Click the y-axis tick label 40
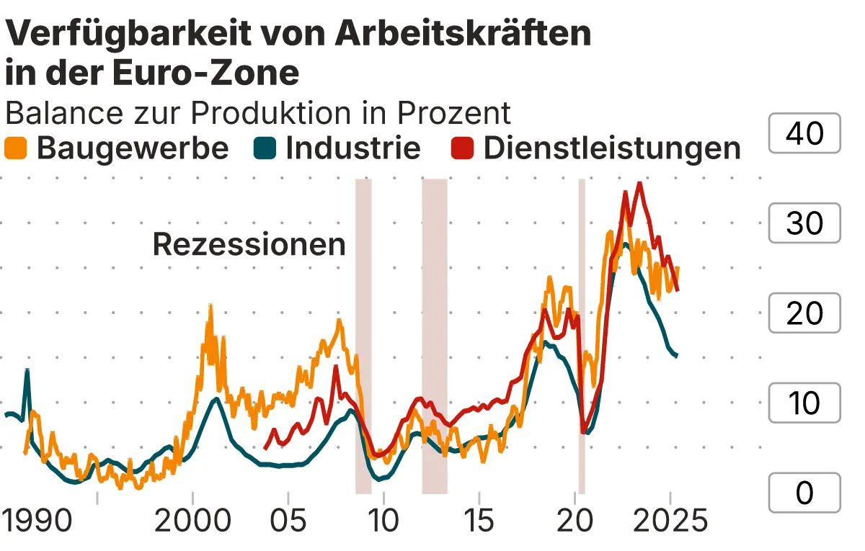click(x=804, y=133)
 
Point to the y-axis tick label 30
click(x=804, y=223)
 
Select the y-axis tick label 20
click(x=804, y=313)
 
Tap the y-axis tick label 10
click(x=804, y=403)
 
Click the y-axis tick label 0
click(x=804, y=493)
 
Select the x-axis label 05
click(x=288, y=520)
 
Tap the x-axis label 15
click(x=479, y=520)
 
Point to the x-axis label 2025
click(x=670, y=520)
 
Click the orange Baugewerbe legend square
click(x=16, y=148)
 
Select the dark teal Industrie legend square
click(x=265, y=148)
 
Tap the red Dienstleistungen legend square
click(x=462, y=148)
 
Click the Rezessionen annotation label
click(x=249, y=245)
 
